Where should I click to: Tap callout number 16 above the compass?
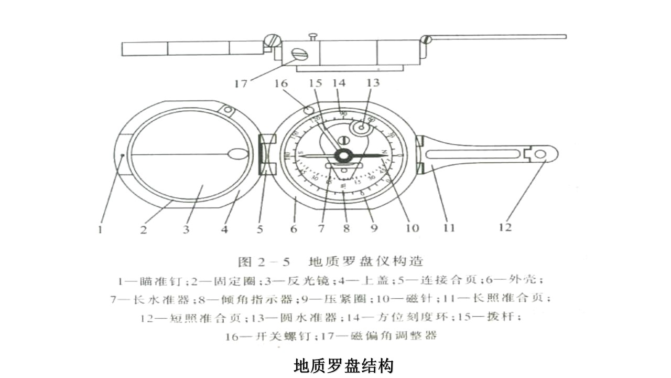click(x=281, y=83)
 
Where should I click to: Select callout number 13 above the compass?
click(x=373, y=83)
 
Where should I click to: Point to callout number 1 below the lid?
click(x=100, y=230)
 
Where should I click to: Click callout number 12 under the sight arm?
click(x=505, y=227)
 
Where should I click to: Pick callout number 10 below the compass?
click(x=412, y=228)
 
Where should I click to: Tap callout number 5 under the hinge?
click(x=261, y=229)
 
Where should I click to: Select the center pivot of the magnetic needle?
click(x=344, y=155)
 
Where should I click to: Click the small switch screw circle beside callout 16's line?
click(x=309, y=110)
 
